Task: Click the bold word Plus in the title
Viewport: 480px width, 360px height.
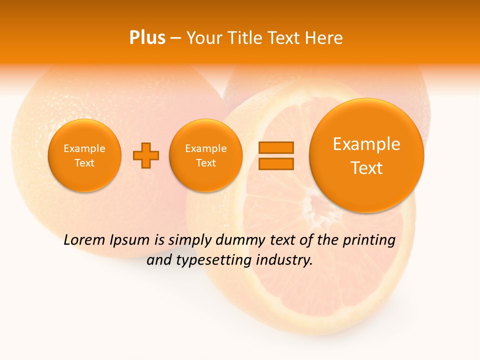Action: tap(147, 38)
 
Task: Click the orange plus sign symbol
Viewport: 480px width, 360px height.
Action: tap(146, 155)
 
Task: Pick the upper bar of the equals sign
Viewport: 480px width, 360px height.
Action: tap(276, 147)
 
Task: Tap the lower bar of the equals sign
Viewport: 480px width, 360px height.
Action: tap(276, 163)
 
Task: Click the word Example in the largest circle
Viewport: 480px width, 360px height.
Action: tap(366, 144)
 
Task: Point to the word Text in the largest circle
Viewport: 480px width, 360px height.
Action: tap(366, 168)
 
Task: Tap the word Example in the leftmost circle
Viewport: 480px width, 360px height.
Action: tap(84, 148)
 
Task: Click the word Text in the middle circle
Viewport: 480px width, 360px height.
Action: tap(206, 163)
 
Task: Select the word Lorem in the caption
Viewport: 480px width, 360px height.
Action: tap(84, 240)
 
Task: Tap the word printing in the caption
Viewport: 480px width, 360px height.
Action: tap(368, 240)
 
